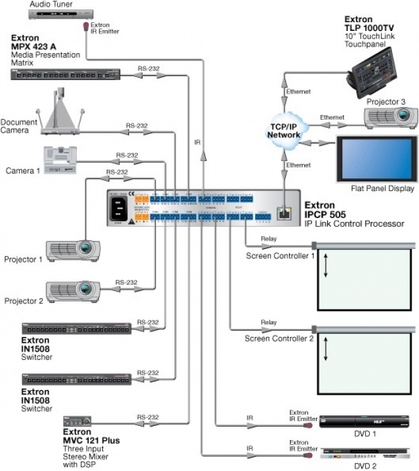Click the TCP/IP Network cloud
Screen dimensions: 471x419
click(x=284, y=130)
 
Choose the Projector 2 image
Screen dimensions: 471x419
click(x=74, y=290)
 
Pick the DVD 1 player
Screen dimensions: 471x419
click(x=365, y=422)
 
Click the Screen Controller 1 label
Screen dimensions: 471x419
click(x=280, y=256)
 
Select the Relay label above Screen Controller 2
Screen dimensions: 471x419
click(x=268, y=322)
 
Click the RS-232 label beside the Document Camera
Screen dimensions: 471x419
click(x=137, y=126)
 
